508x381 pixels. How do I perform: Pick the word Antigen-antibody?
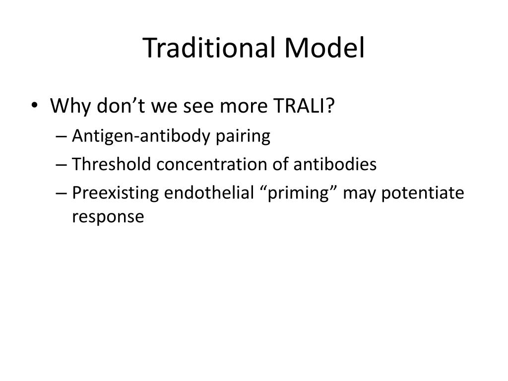click(x=142, y=136)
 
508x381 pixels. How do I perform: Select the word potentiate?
click(x=422, y=193)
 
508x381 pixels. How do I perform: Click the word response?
click(x=108, y=217)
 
